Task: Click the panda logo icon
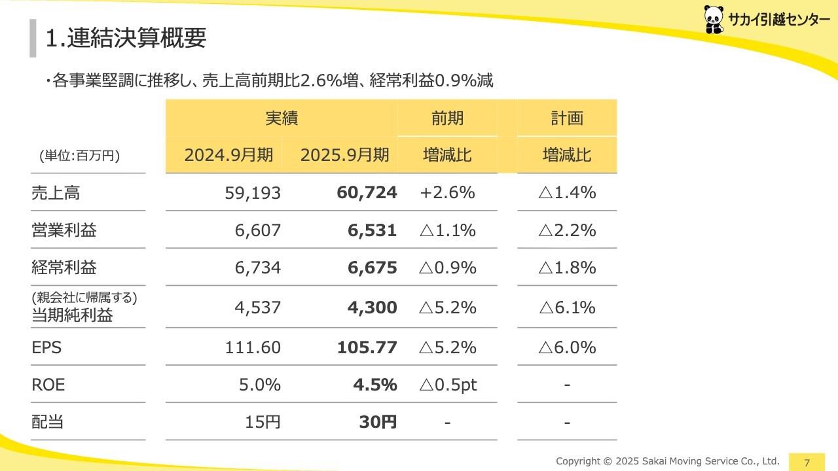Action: coord(714,19)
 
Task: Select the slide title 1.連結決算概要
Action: coord(126,37)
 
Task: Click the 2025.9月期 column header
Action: coord(344,155)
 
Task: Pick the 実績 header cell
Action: coord(282,118)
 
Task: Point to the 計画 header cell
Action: coord(566,118)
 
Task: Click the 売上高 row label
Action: coord(56,193)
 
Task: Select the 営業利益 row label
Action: coord(64,230)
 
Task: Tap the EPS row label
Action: coord(46,347)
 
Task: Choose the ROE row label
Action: coord(48,385)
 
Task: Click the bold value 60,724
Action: coord(367,192)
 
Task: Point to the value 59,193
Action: coord(253,193)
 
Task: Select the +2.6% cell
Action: coord(447,192)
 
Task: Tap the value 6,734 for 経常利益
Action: coord(258,268)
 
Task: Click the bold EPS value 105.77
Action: coord(367,347)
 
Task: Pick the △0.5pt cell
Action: coord(447,385)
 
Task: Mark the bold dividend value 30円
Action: coord(378,422)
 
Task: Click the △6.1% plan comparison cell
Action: coord(566,307)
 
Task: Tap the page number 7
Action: coord(807,462)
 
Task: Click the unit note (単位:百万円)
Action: coord(79,156)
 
